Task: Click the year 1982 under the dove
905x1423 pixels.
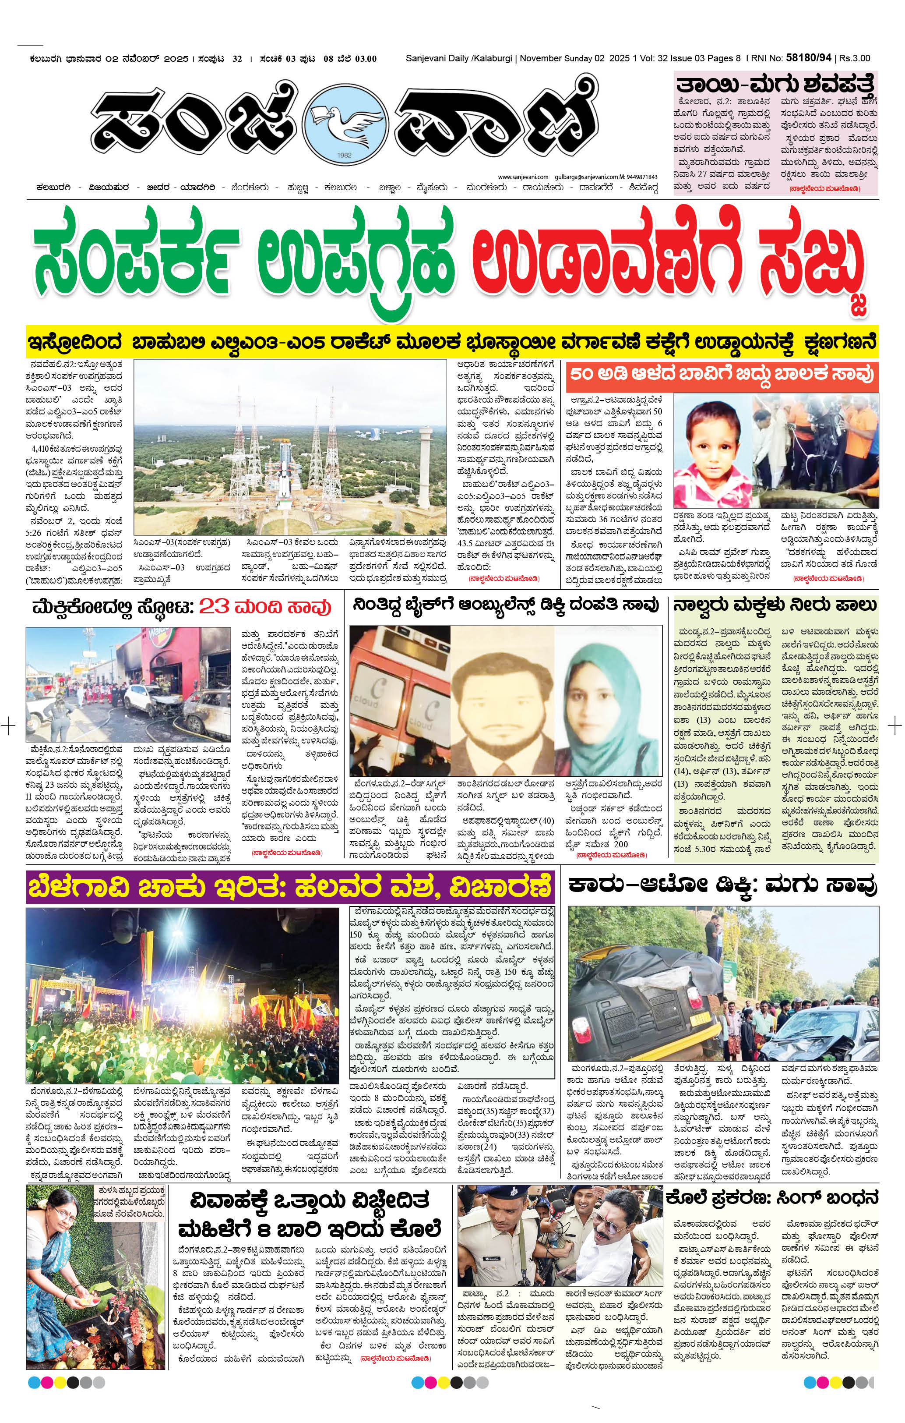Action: click(345, 156)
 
